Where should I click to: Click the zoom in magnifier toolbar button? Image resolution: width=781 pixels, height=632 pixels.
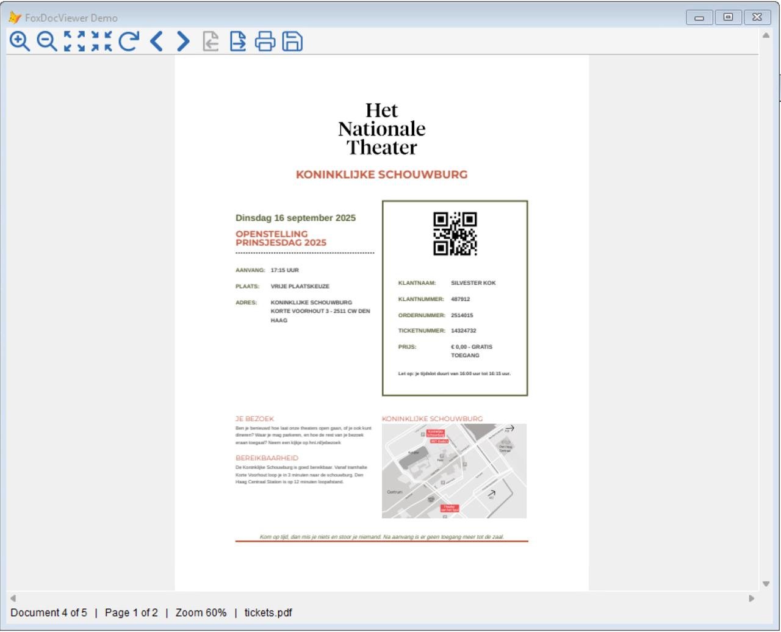(20, 41)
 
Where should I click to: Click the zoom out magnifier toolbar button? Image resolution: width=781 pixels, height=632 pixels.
(46, 41)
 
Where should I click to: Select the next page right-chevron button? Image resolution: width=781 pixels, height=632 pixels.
(183, 41)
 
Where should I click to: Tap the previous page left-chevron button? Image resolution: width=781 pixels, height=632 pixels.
(156, 41)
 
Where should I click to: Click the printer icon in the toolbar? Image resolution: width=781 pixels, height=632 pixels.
(265, 41)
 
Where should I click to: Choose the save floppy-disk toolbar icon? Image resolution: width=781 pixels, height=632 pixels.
(292, 41)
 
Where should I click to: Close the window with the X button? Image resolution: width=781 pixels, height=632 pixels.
(757, 17)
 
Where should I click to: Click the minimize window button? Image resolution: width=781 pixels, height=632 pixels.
(699, 17)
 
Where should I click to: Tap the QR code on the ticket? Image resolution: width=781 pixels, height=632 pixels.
(455, 234)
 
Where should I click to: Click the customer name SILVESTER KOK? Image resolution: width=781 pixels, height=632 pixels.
(473, 283)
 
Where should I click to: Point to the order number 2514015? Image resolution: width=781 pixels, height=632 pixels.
(462, 315)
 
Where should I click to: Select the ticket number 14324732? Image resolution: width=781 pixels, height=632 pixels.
(464, 331)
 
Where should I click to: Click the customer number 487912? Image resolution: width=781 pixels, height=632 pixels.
(461, 300)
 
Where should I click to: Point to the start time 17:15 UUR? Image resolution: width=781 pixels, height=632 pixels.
(285, 270)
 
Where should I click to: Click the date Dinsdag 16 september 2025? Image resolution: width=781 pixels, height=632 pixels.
(295, 218)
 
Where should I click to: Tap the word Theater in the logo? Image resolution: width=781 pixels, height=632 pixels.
(382, 148)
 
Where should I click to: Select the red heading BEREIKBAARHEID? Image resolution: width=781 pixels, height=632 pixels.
(267, 458)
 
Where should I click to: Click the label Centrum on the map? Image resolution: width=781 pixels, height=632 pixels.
(395, 492)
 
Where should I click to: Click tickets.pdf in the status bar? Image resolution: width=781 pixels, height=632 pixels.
(268, 612)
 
